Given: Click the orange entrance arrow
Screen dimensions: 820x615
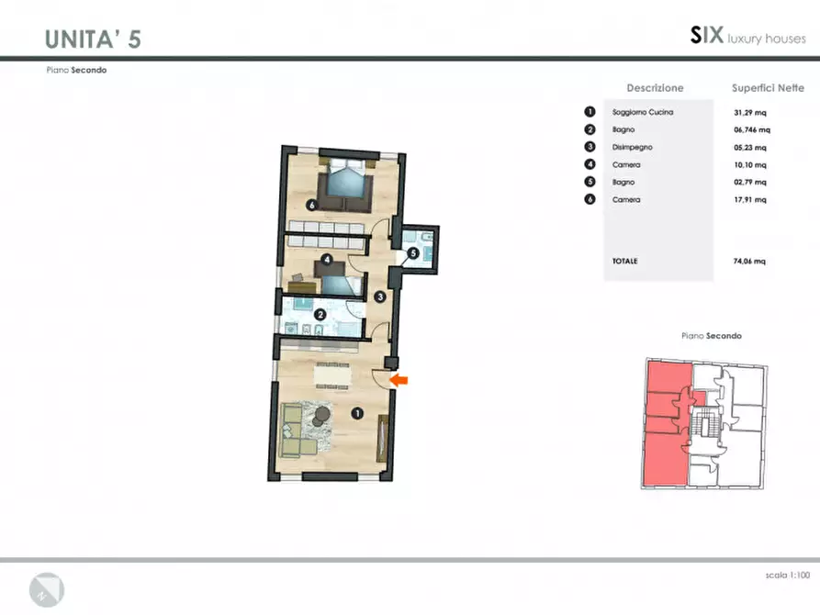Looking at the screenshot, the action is click(x=399, y=380).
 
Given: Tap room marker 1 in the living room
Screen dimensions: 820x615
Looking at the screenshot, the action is click(x=357, y=414).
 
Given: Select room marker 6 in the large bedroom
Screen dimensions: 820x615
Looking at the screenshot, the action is click(x=312, y=205).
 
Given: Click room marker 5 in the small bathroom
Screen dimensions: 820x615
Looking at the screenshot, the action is click(x=413, y=253).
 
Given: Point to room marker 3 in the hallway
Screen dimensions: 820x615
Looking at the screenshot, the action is click(x=380, y=297).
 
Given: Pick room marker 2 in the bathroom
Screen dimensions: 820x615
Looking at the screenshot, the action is click(x=320, y=314).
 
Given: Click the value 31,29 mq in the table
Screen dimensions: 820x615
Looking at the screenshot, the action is click(x=750, y=112).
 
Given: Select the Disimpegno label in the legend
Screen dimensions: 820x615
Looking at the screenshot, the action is click(x=633, y=147).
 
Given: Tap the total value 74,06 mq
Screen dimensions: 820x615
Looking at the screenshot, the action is click(x=749, y=261).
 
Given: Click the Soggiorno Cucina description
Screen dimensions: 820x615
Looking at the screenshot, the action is click(x=643, y=112).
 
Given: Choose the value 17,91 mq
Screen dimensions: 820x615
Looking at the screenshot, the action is click(x=750, y=200).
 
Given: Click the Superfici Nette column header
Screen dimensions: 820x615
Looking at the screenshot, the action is click(x=768, y=88).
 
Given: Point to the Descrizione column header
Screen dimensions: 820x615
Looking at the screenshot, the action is click(x=656, y=88).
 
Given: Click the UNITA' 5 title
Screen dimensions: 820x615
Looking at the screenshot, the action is click(x=93, y=39).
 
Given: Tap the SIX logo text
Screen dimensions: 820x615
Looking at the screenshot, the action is click(x=707, y=35).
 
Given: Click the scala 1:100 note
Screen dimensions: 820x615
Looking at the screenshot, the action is click(x=788, y=576).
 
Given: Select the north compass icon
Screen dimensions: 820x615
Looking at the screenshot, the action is click(x=47, y=590).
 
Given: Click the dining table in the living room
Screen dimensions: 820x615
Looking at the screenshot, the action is click(x=332, y=375).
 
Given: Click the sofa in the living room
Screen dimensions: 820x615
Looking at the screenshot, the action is click(x=297, y=430).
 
